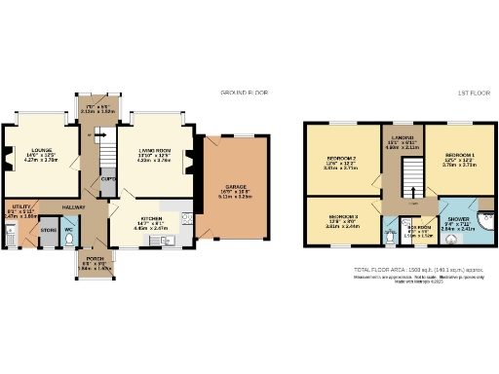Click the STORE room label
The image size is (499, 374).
click(48, 231)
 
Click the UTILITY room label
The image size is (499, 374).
click(16, 207)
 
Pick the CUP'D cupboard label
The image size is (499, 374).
click(108, 179)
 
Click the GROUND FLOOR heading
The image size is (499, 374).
click(243, 93)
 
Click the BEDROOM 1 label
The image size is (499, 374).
click(458, 157)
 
